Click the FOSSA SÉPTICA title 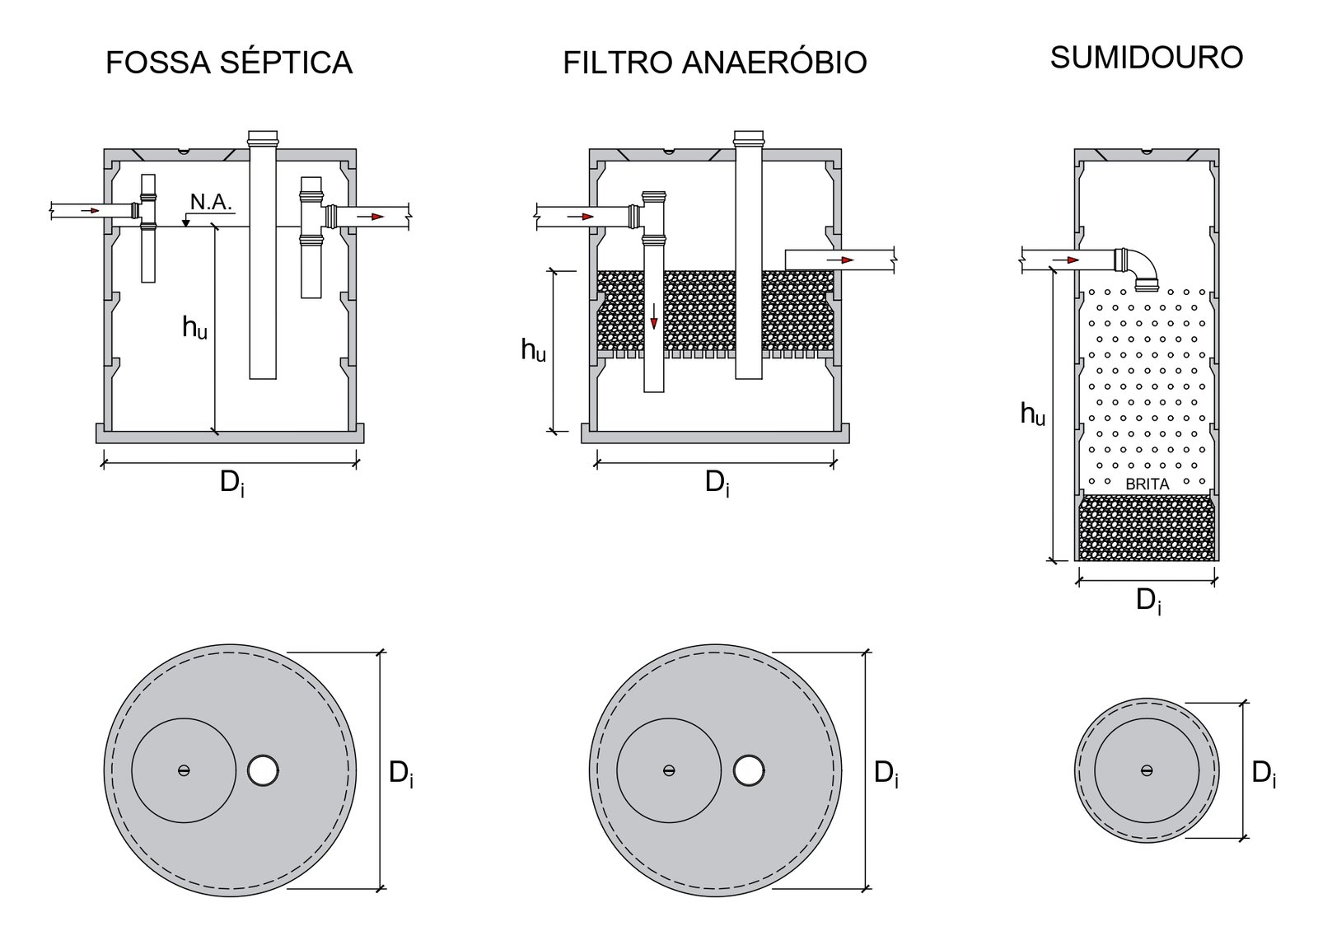tap(229, 63)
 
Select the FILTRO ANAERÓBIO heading tap(714, 63)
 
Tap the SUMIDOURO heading tap(1146, 58)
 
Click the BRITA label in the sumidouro tap(1147, 484)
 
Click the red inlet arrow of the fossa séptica tap(90, 211)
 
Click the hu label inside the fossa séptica tap(194, 328)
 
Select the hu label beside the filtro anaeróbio tap(533, 350)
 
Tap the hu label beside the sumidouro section tap(1032, 414)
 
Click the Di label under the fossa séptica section tap(231, 484)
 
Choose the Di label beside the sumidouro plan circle tap(1264, 773)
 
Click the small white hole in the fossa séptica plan tap(263, 770)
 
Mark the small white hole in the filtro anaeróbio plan tap(748, 770)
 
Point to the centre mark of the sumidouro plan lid tap(1146, 770)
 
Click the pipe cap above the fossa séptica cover tap(263, 136)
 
